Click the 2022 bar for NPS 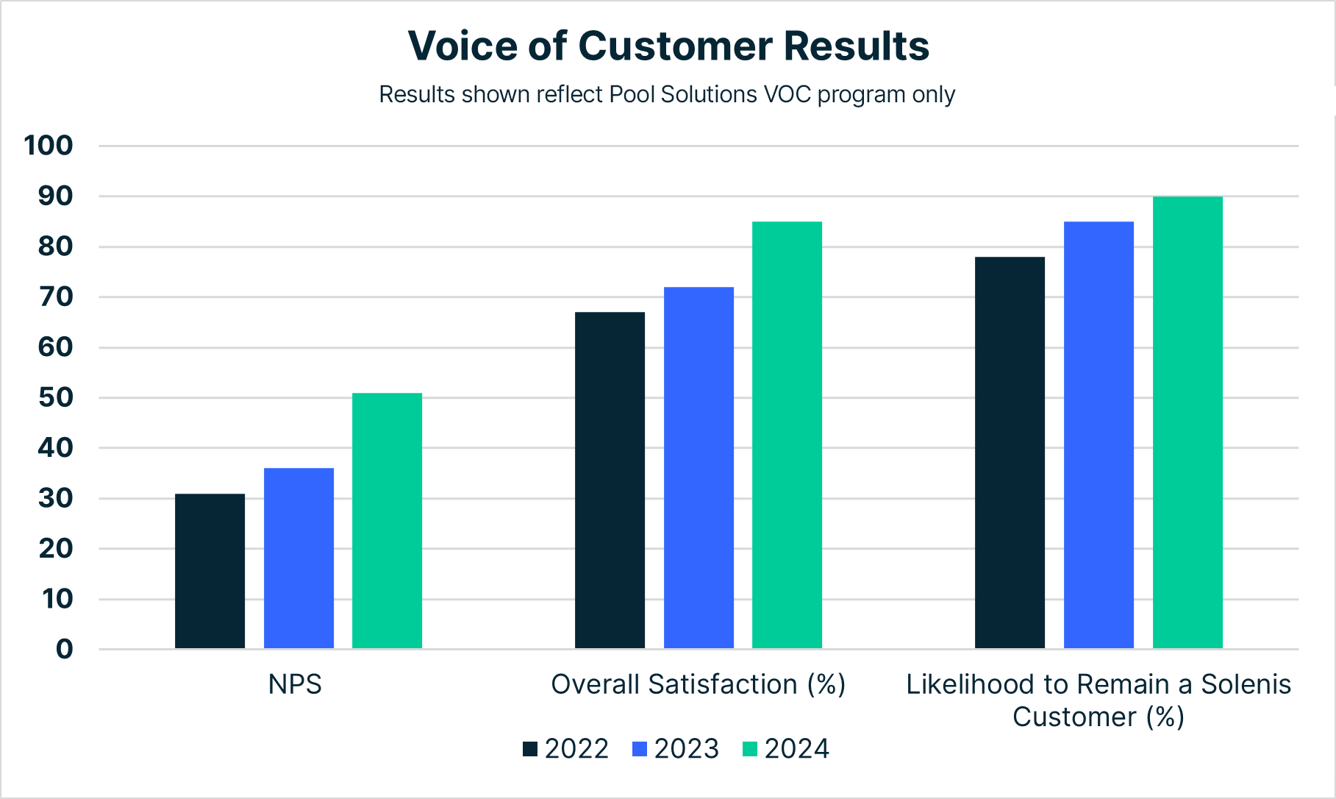click(x=210, y=571)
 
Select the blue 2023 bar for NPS click(x=299, y=558)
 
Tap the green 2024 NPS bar click(x=387, y=521)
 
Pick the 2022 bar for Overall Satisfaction click(x=610, y=480)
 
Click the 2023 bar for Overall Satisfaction click(x=699, y=468)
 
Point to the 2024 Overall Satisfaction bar click(x=787, y=435)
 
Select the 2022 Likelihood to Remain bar click(x=1010, y=452)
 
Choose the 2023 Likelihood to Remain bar click(x=1099, y=435)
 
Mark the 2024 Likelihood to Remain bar click(x=1187, y=422)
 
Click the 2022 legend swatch click(x=530, y=749)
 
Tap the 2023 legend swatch click(x=640, y=749)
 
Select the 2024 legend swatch click(x=750, y=749)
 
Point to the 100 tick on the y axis click(x=49, y=146)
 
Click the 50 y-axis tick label click(x=56, y=398)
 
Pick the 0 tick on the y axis click(x=64, y=649)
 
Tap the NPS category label click(x=295, y=684)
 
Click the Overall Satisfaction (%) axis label click(x=699, y=684)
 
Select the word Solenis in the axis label click(x=1246, y=684)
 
